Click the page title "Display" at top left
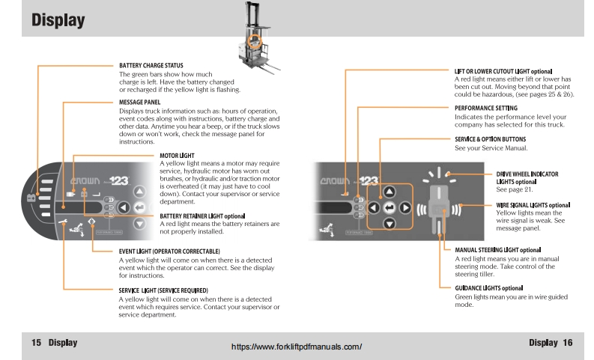58,21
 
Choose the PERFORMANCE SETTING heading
496,108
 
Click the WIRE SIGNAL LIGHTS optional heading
533,205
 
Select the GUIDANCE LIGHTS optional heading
488,288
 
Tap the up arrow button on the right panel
389,192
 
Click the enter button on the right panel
389,207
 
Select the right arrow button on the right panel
405,207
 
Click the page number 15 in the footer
36,342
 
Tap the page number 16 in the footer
567,342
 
